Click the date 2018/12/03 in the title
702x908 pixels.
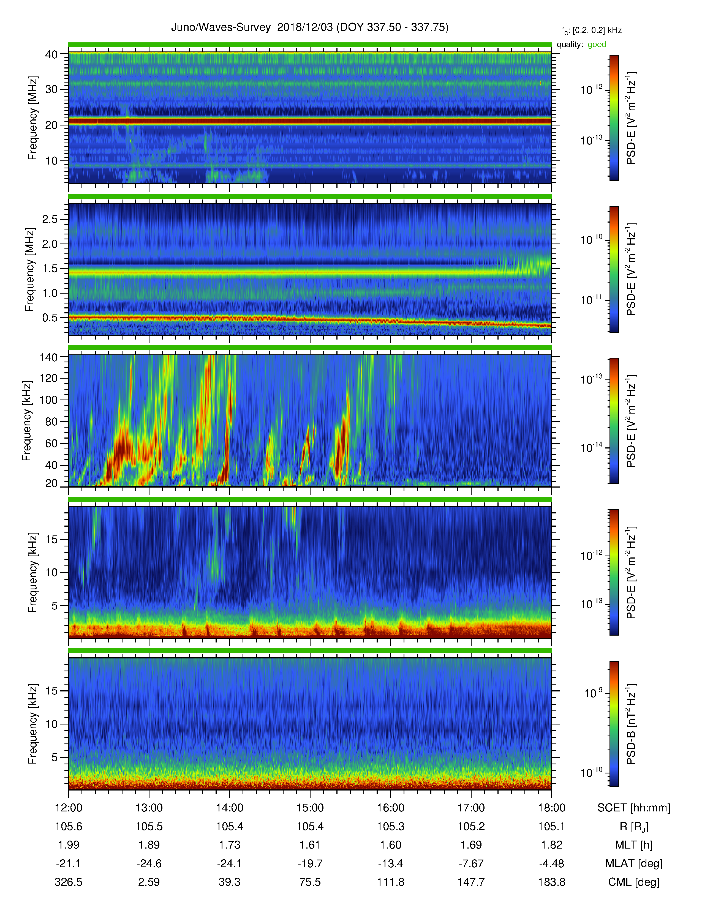pos(305,28)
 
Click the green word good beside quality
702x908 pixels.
pos(597,45)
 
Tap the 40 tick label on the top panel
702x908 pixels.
pos(51,54)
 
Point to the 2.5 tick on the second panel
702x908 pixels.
pos(50,219)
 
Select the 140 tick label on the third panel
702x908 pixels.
pos(48,357)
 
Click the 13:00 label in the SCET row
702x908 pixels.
pos(149,808)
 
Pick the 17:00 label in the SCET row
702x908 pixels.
pos(471,808)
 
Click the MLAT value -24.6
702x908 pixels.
pos(149,863)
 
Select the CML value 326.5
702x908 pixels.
pos(69,882)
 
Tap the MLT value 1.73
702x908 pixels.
pos(230,845)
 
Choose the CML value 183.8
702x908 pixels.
pos(551,882)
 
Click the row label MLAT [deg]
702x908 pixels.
pos(634,863)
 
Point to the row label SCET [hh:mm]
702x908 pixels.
pos(634,808)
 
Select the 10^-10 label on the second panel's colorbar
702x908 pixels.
pos(591,239)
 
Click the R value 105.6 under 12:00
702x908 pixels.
pos(69,827)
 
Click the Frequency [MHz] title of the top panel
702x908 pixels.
pos(32,118)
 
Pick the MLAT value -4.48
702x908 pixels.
pos(551,863)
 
